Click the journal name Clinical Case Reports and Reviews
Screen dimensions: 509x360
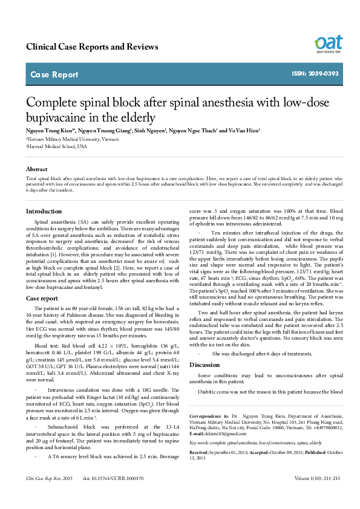(x=92, y=47)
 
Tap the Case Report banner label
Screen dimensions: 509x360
(x=54, y=75)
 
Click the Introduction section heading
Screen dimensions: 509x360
(x=48, y=211)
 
